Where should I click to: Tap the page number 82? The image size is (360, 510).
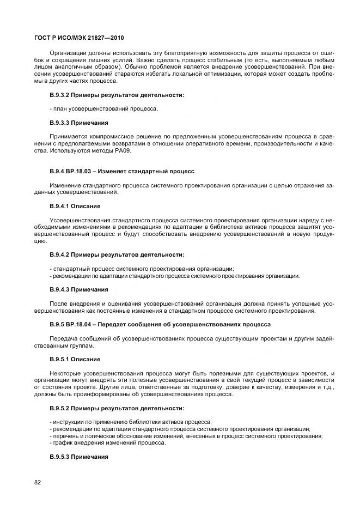click(x=38, y=482)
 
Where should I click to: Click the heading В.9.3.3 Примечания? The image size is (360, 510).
click(x=78, y=123)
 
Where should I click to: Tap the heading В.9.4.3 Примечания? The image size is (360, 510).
click(x=78, y=289)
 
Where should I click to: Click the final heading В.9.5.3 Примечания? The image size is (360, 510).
click(x=78, y=456)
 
